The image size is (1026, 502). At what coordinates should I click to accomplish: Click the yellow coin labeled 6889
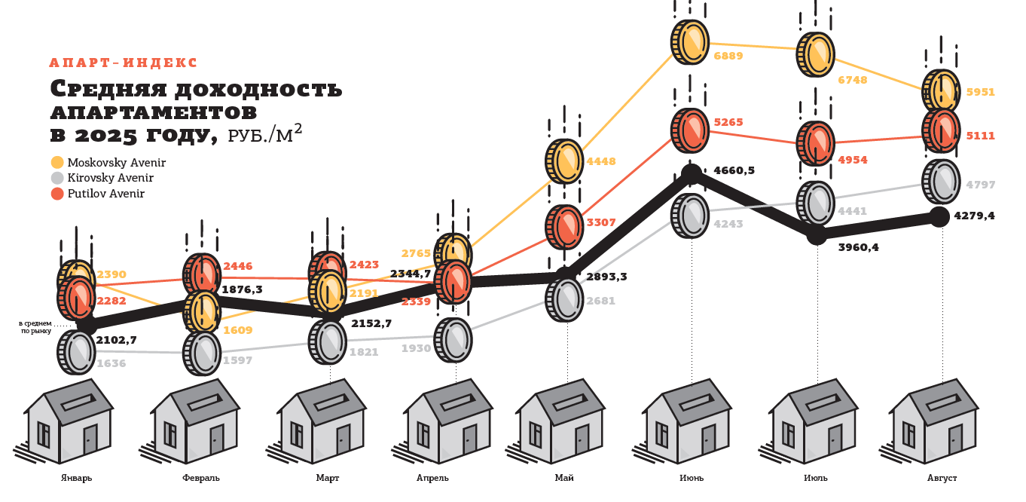tap(690, 41)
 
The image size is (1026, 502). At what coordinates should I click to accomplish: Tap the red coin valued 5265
tap(690, 130)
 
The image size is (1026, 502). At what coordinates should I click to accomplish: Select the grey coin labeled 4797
tap(941, 182)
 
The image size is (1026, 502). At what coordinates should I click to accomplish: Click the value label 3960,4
tap(858, 246)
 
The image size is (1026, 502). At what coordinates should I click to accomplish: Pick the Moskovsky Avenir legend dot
tap(57, 162)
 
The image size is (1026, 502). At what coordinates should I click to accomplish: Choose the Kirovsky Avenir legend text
tap(110, 178)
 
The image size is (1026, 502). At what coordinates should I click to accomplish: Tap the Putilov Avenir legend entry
tap(105, 194)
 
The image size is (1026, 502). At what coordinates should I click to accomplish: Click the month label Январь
tap(76, 478)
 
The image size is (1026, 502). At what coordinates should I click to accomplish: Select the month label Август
tap(942, 478)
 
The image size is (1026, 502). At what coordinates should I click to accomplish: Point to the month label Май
tap(564, 478)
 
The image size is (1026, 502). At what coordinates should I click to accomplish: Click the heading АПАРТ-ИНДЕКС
tap(123, 63)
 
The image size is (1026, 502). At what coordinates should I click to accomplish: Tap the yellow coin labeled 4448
tap(565, 161)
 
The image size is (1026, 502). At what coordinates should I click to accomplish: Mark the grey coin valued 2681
tap(565, 299)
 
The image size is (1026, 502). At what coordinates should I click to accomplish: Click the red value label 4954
tap(853, 160)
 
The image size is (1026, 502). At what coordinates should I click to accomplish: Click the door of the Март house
tap(343, 439)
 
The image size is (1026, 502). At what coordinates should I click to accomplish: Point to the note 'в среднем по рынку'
tap(35, 326)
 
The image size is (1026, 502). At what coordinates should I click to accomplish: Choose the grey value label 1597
tap(237, 360)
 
